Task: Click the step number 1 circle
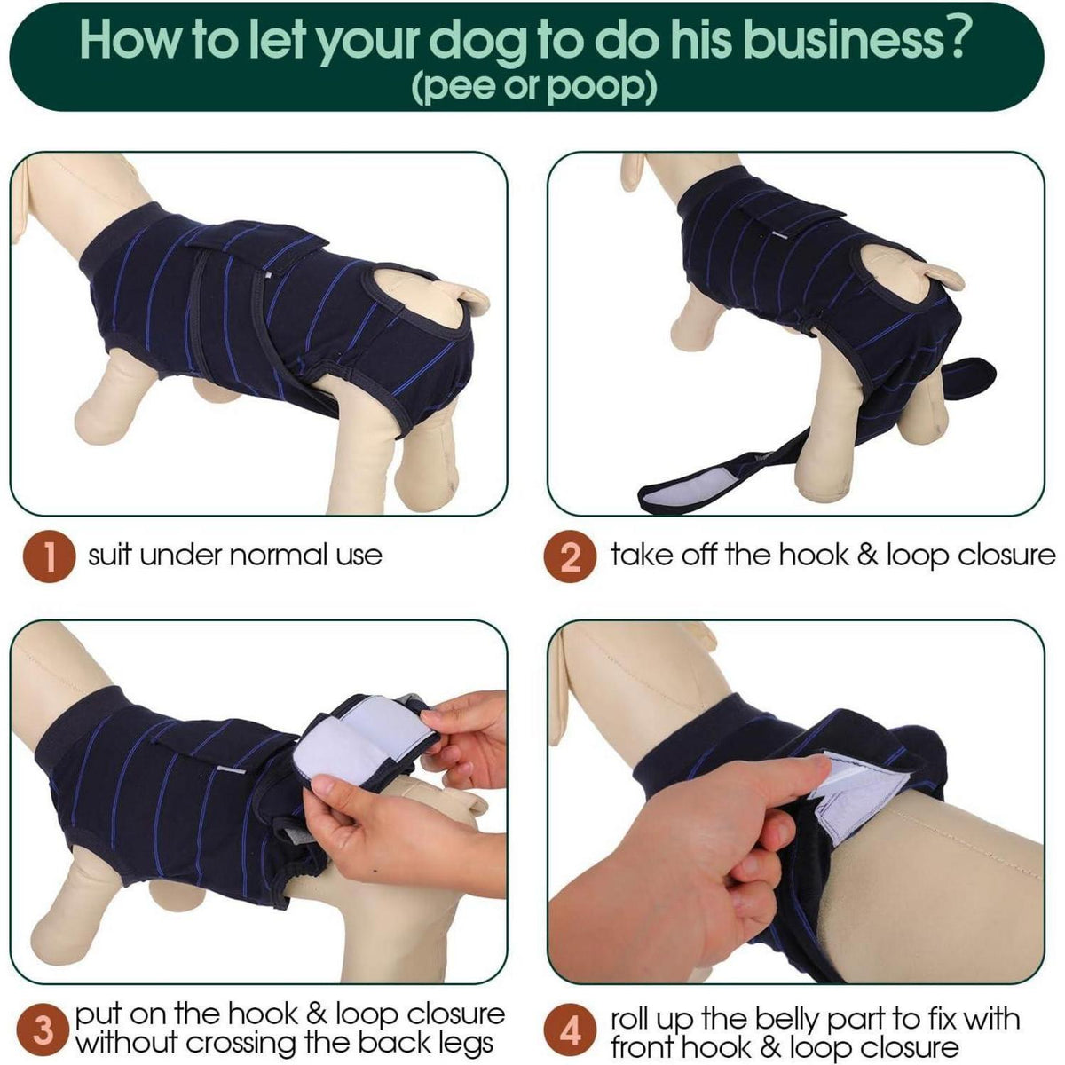click(x=49, y=556)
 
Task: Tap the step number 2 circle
click(x=570, y=556)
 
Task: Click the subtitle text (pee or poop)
click(x=532, y=87)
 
